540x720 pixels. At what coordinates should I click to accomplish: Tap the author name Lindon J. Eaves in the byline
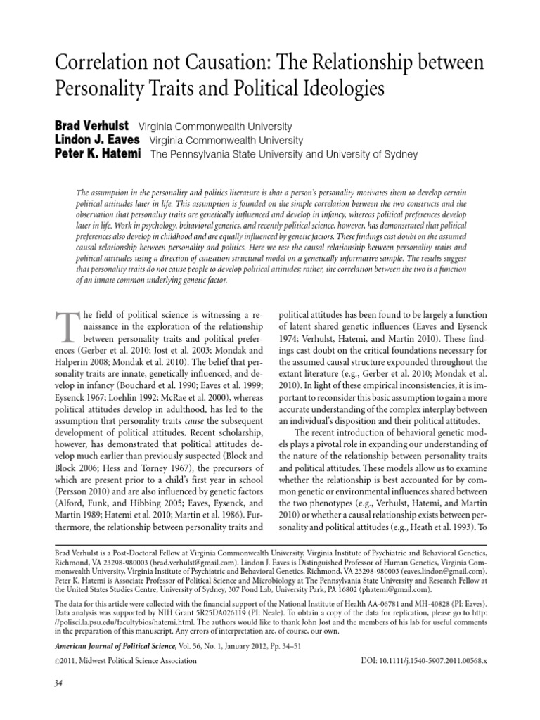[98, 140]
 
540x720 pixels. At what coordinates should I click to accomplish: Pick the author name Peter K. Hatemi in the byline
[98, 154]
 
